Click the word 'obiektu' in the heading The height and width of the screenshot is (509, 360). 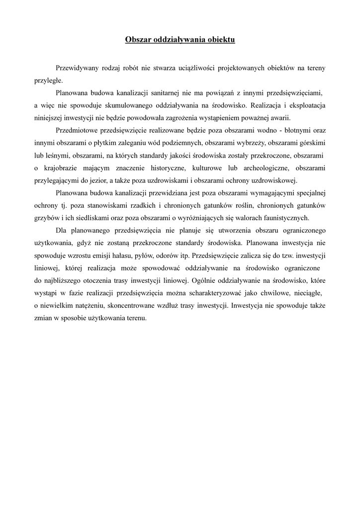coord(219,40)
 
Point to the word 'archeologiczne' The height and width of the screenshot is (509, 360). coord(258,169)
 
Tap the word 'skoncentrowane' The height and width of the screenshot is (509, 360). coord(140,306)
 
